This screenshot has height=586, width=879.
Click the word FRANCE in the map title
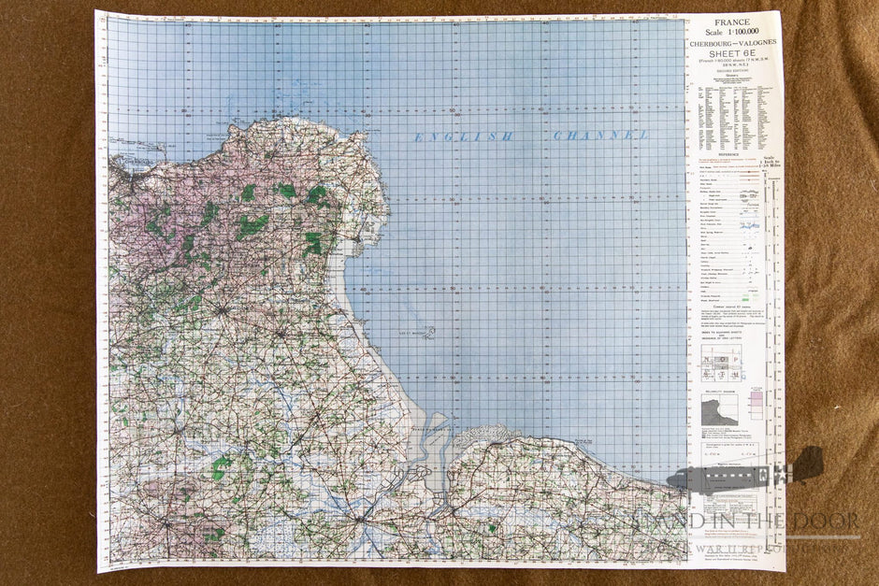pos(732,22)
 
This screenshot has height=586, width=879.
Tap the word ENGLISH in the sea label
pos(463,137)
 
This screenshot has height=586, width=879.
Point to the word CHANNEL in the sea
pos(600,136)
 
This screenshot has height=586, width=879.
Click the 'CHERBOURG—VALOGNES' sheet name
pos(732,44)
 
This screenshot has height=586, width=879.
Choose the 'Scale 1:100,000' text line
pos(732,33)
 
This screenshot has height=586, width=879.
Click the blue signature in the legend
pos(749,225)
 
